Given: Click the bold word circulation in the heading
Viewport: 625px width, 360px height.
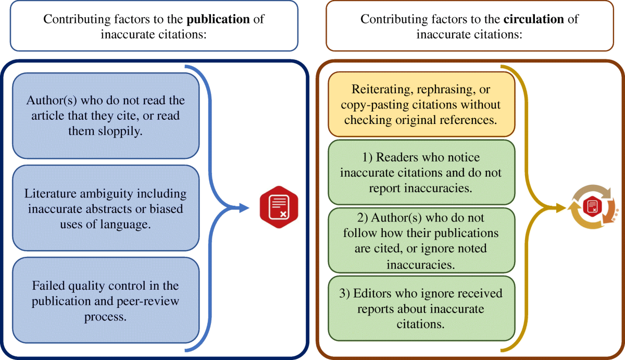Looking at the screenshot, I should click(x=534, y=19).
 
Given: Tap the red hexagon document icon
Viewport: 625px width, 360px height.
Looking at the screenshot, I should click(x=279, y=208).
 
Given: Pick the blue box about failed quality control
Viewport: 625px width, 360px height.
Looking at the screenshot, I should click(x=106, y=301).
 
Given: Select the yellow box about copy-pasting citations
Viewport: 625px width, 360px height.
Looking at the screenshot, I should click(x=421, y=104).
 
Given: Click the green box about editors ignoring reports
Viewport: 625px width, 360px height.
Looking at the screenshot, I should click(x=421, y=308).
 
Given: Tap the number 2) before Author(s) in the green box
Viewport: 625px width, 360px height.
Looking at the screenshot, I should click(x=367, y=216).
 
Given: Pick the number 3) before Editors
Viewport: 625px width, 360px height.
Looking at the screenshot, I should click(x=345, y=293).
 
